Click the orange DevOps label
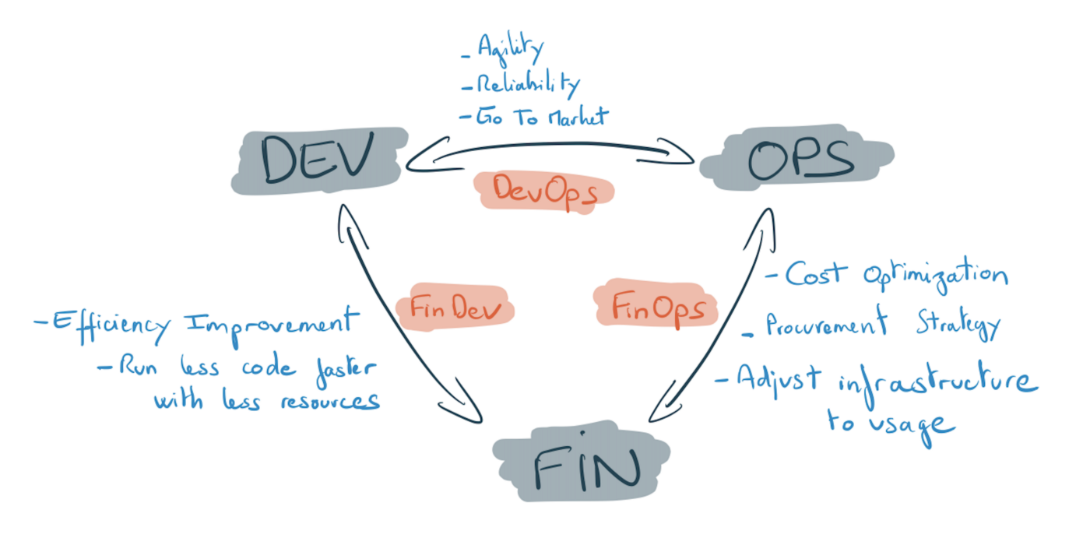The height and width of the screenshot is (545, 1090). [x=543, y=191]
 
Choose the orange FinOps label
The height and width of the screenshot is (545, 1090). [x=652, y=307]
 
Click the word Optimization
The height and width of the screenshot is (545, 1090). [x=935, y=276]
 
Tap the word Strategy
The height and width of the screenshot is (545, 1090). [x=957, y=325]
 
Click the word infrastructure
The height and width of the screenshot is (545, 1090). [x=937, y=383]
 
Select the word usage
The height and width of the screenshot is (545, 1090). [x=919, y=424]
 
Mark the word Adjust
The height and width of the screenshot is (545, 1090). [x=778, y=378]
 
